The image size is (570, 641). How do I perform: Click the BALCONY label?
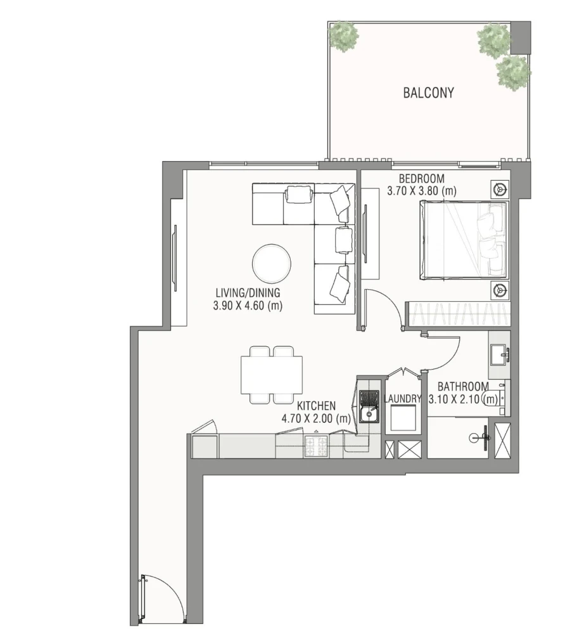click(428, 93)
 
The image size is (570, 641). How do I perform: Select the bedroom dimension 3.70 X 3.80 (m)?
click(422, 190)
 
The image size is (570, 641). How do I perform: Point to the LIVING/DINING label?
click(247, 293)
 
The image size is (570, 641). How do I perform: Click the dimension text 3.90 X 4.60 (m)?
click(248, 306)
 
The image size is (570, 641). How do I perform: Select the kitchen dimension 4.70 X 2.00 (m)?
click(316, 418)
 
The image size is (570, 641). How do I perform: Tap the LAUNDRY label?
click(403, 399)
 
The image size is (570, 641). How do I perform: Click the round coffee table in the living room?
click(272, 263)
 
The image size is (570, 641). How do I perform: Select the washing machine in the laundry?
click(403, 418)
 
